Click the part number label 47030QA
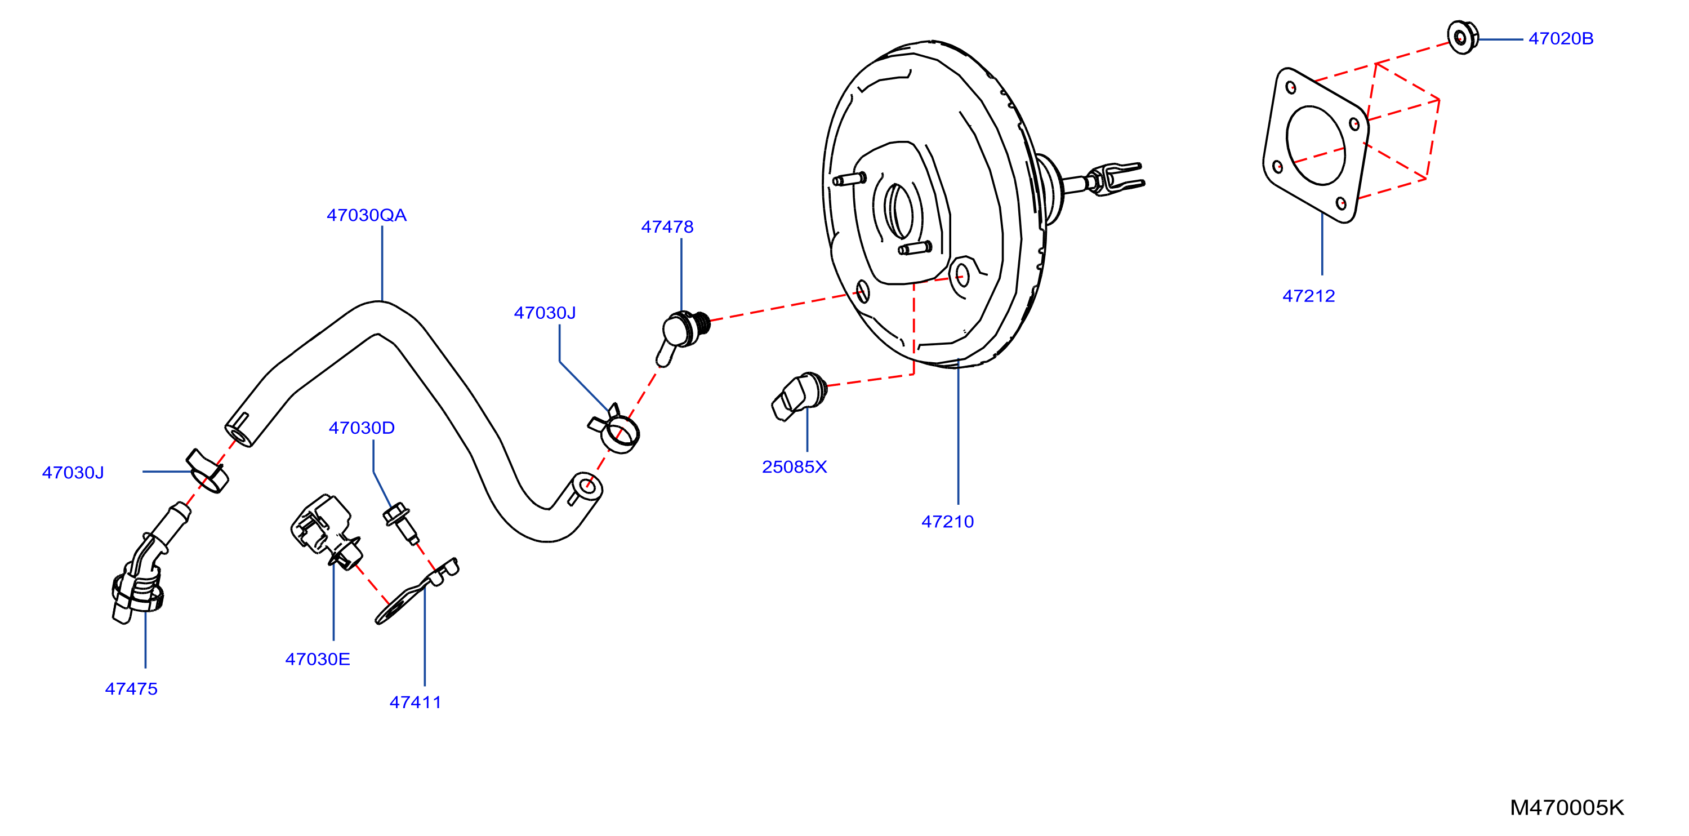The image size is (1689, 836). coord(367,215)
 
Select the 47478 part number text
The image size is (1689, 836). coord(667,227)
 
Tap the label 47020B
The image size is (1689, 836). coord(1561,39)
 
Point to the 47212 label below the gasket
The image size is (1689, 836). coord(1308,296)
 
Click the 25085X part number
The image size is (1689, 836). coord(794,467)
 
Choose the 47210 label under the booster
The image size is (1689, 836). coord(947,521)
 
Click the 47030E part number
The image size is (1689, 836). coord(317,659)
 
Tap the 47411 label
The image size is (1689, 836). coord(415,702)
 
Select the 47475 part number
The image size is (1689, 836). coord(131,688)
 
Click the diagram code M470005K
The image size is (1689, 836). coord(1566,807)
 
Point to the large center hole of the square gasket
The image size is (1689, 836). coord(1316,145)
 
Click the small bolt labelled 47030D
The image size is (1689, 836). coord(400,523)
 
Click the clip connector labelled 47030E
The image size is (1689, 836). coord(326,531)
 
